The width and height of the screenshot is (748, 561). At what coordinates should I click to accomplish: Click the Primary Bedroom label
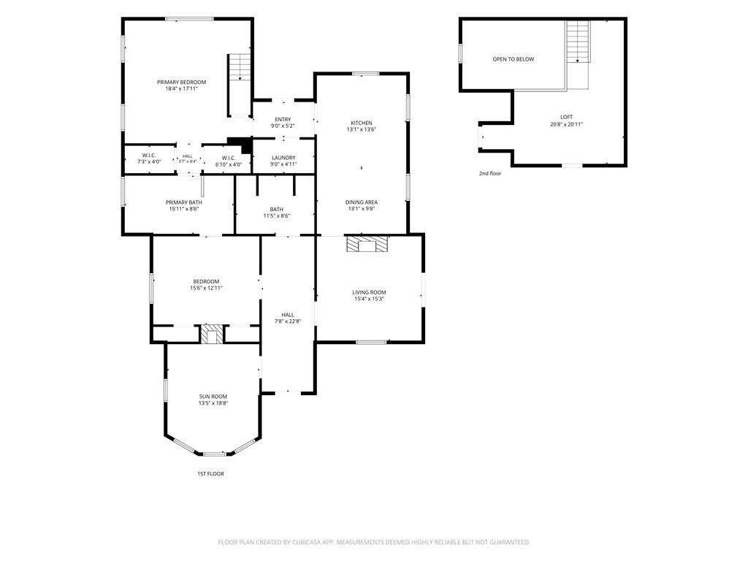(x=181, y=82)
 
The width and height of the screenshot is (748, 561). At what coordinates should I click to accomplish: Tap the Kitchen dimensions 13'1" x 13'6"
(x=361, y=129)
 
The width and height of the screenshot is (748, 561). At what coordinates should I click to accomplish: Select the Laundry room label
(x=283, y=158)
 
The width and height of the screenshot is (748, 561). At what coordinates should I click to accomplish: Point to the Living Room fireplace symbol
(x=367, y=243)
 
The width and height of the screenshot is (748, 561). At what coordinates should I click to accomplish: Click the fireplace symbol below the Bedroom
(x=211, y=334)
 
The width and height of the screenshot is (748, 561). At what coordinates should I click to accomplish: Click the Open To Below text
(x=514, y=59)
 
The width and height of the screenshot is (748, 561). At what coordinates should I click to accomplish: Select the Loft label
(x=567, y=117)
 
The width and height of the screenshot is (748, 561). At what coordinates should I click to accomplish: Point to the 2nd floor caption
(x=490, y=174)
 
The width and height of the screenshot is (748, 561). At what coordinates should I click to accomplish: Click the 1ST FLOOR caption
(x=210, y=473)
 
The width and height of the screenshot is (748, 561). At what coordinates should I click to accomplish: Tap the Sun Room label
(x=213, y=397)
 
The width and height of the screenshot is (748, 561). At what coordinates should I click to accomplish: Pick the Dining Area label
(x=361, y=202)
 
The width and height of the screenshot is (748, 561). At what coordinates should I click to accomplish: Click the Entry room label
(x=283, y=120)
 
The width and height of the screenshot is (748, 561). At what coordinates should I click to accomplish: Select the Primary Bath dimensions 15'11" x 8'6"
(x=183, y=209)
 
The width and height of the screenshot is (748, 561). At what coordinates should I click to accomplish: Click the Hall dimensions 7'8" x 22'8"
(x=288, y=321)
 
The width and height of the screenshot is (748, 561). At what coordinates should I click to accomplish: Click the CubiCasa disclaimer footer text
(x=374, y=543)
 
